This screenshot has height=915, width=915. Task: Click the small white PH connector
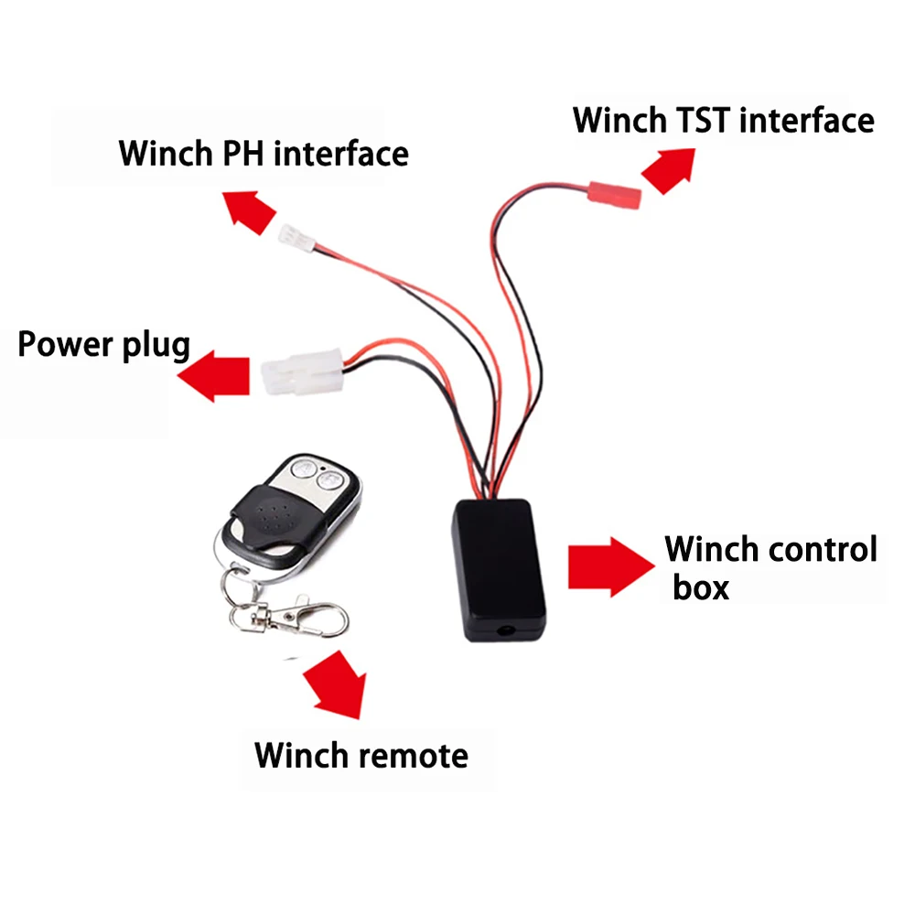click(296, 240)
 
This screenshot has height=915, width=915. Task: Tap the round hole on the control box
click(504, 630)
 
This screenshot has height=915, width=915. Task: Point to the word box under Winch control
click(701, 587)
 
